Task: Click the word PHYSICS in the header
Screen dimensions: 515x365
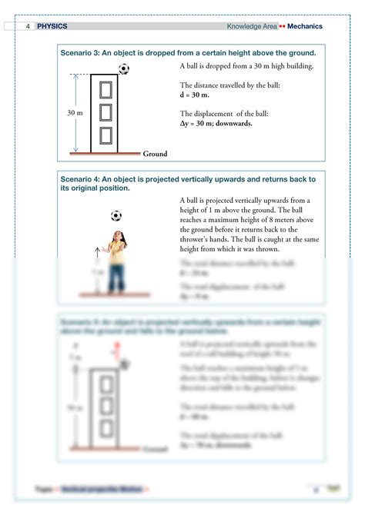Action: tap(52, 26)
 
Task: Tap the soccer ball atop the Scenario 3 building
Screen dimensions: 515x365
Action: tap(124, 69)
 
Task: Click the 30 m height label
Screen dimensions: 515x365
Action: tap(75, 113)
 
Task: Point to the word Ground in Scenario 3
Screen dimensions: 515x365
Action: tap(155, 154)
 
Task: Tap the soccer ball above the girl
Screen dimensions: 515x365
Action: tap(116, 216)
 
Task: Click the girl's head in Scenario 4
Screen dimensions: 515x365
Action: tap(116, 237)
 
